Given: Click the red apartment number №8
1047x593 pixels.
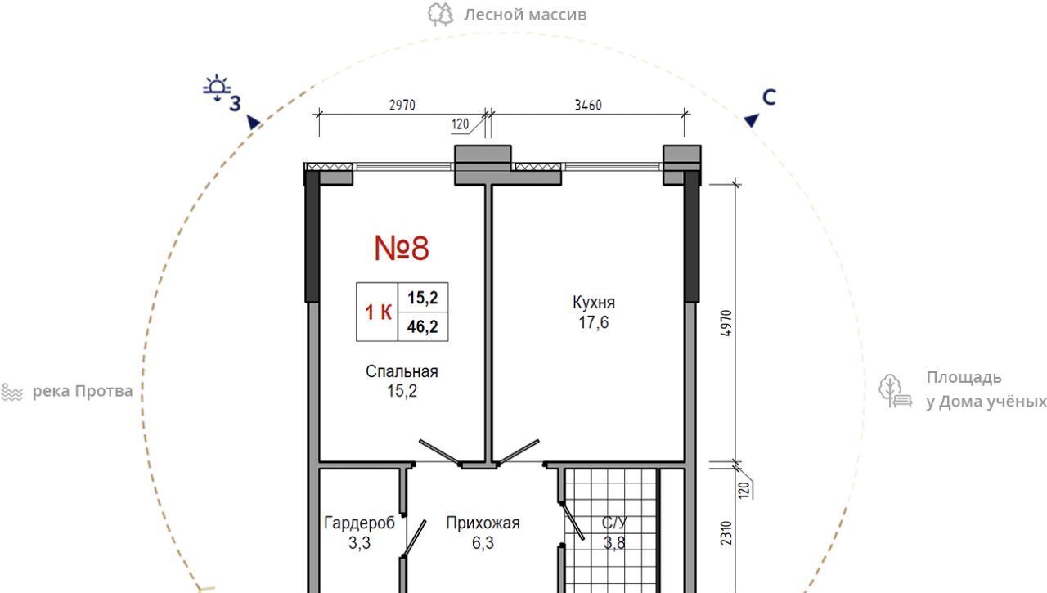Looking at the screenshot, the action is pyautogui.click(x=402, y=248).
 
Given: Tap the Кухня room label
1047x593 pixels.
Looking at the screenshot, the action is pyautogui.click(x=594, y=303).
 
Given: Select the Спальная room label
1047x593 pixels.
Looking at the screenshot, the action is pyautogui.click(x=402, y=371).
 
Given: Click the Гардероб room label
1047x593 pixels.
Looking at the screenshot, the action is pyautogui.click(x=359, y=523).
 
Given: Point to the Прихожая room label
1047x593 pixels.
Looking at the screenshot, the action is pyautogui.click(x=483, y=523).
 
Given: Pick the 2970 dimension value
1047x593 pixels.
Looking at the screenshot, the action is pyautogui.click(x=402, y=106).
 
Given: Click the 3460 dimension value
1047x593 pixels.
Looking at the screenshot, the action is pyautogui.click(x=588, y=106).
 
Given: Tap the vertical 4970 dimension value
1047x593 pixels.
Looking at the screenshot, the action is pyautogui.click(x=726, y=323).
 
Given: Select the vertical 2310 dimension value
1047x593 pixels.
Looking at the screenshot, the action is pyautogui.click(x=726, y=533).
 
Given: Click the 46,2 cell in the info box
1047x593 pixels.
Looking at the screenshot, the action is pyautogui.click(x=423, y=326).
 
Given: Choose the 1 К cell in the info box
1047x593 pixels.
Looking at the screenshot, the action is pyautogui.click(x=378, y=312).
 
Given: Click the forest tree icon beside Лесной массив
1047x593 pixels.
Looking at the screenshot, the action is pyautogui.click(x=441, y=15).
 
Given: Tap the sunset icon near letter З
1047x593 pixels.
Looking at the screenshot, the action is pyautogui.click(x=217, y=88).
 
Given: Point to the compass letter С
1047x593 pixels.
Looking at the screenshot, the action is pyautogui.click(x=769, y=97).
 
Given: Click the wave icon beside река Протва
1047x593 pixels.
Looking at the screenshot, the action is pyautogui.click(x=11, y=392).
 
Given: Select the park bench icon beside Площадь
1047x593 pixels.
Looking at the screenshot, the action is pyautogui.click(x=895, y=391).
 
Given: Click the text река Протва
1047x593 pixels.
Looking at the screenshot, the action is pyautogui.click(x=83, y=391).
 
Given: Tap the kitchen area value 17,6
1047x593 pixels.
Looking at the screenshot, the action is pyautogui.click(x=594, y=322).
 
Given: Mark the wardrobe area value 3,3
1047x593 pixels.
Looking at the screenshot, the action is pyautogui.click(x=359, y=543).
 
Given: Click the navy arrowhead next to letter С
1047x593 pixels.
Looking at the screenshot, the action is pyautogui.click(x=752, y=120).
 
